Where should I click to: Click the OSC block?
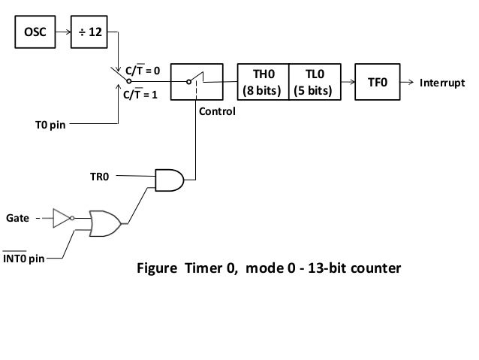(x=35, y=32)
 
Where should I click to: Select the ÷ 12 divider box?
(x=89, y=32)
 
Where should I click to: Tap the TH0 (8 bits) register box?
(x=263, y=82)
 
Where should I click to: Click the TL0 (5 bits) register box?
(x=315, y=82)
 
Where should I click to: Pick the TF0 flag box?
(x=378, y=82)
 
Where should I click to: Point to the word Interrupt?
(x=442, y=83)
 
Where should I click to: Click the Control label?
(x=217, y=111)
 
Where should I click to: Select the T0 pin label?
(x=50, y=125)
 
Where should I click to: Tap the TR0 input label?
(x=100, y=177)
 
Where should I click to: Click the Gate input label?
(x=17, y=218)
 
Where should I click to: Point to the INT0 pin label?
(x=23, y=258)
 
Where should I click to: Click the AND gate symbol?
(x=170, y=180)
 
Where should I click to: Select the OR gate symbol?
(x=105, y=223)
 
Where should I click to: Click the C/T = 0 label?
(x=143, y=70)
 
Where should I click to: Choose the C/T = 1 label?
(x=140, y=94)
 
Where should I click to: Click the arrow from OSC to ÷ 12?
(x=63, y=32)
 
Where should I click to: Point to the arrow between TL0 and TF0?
(x=348, y=82)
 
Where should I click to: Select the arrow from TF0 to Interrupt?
(x=407, y=82)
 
